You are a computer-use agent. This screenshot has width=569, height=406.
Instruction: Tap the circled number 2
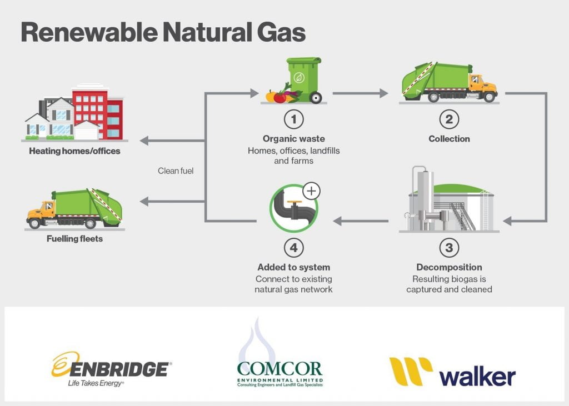(449, 119)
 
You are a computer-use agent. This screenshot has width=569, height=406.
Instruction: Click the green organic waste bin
(304, 79)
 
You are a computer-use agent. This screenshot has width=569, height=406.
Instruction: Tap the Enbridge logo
(111, 369)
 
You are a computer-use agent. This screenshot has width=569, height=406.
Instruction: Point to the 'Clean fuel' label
(176, 171)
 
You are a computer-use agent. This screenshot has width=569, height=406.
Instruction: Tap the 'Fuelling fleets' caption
(75, 240)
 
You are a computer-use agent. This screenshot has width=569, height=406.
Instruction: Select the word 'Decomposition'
(449, 267)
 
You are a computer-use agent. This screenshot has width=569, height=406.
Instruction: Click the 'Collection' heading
(449, 139)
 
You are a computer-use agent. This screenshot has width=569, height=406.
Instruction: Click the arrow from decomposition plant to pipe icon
(361, 222)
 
